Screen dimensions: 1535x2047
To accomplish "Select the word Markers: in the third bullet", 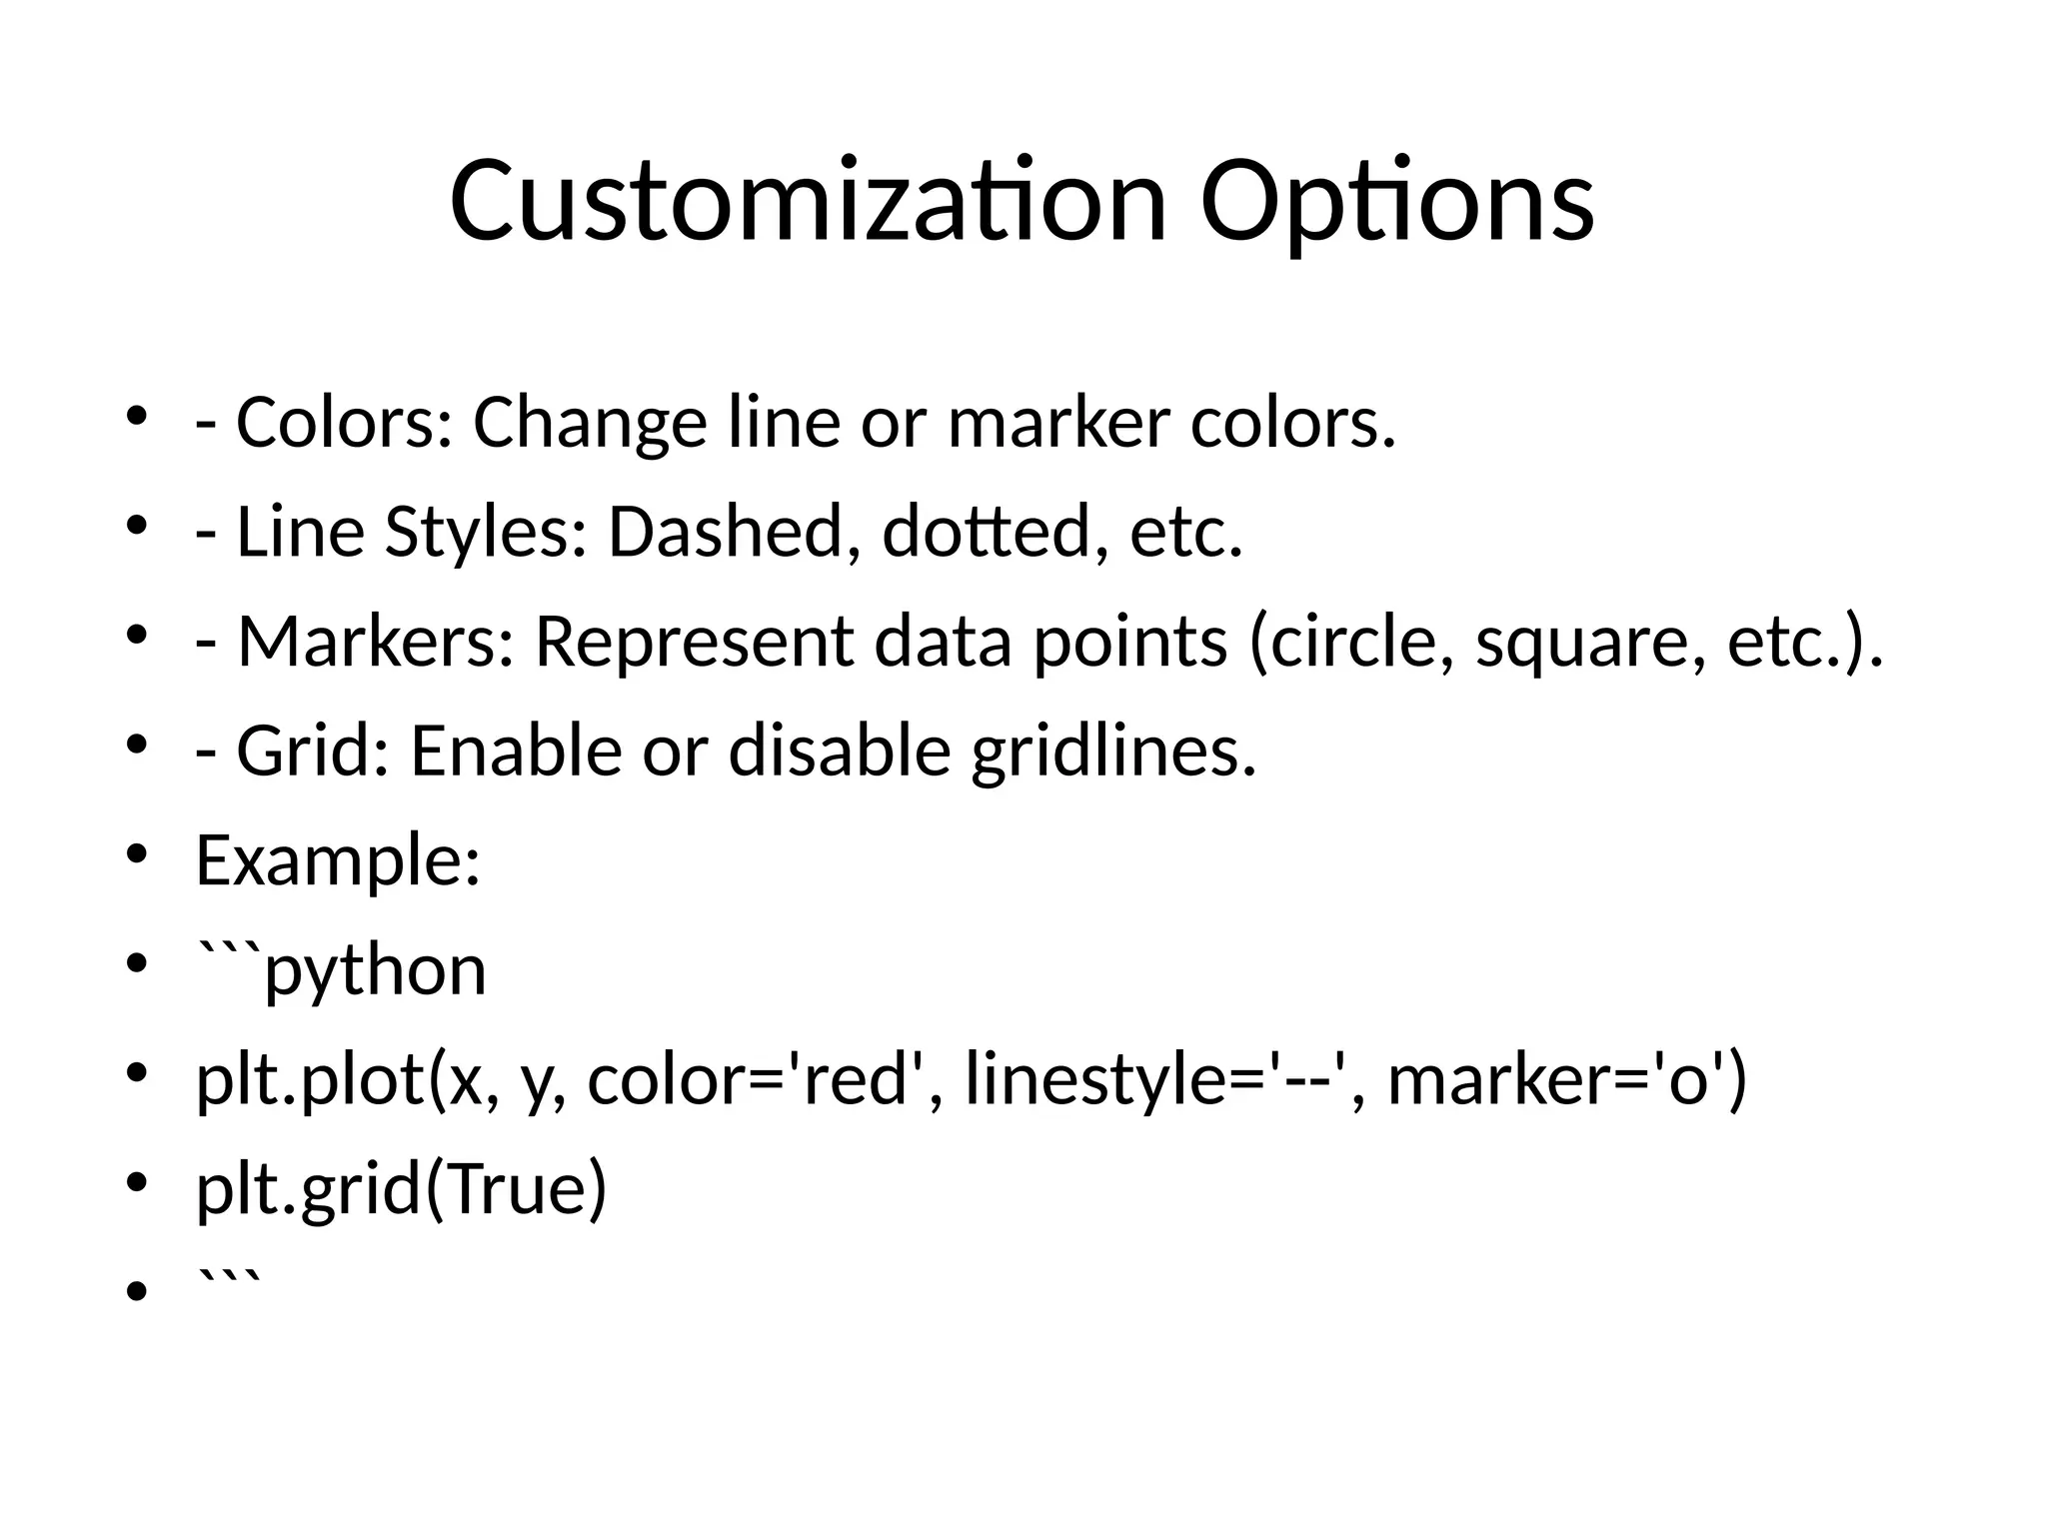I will pos(376,642).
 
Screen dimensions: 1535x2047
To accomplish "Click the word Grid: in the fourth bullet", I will pos(314,752).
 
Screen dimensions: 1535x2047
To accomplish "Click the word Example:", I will pos(338,861).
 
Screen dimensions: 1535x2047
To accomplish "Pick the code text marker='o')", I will pos(1568,1081).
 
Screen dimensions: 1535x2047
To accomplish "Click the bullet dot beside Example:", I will pos(137,852).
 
